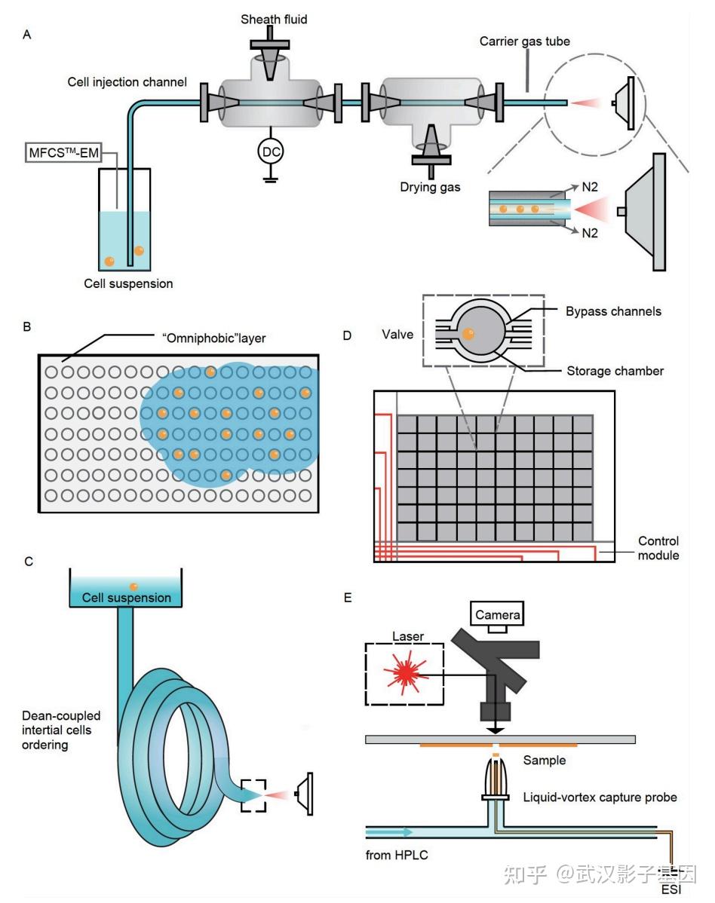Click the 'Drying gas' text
(x=431, y=186)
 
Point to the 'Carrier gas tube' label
(x=524, y=41)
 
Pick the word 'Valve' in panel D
(x=398, y=334)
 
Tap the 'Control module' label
(x=658, y=548)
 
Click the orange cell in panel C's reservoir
(x=133, y=587)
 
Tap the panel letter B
(x=27, y=328)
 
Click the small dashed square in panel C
(x=253, y=796)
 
